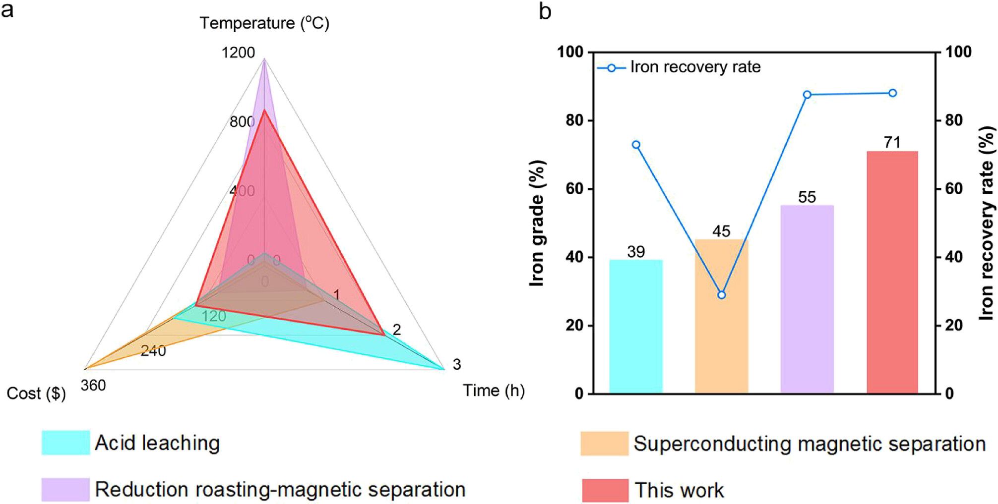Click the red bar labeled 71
[x=892, y=273]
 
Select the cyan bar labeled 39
[x=636, y=327]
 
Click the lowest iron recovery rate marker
[x=721, y=295]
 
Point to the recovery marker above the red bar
[x=892, y=93]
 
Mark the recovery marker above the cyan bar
[x=636, y=145]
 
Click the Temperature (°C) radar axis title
[x=264, y=23]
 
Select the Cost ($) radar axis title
[x=36, y=393]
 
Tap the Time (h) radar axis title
[x=494, y=391]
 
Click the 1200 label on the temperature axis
[x=238, y=53]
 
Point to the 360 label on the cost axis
[x=93, y=385]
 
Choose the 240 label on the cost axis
[x=153, y=351]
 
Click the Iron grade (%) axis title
[x=537, y=223]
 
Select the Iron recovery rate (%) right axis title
[x=986, y=223]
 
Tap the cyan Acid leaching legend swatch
[x=65, y=443]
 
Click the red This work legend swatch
[x=605, y=490]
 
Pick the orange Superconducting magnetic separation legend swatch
[x=604, y=444]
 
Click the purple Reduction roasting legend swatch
[x=65, y=490]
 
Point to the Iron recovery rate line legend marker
[x=611, y=68]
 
